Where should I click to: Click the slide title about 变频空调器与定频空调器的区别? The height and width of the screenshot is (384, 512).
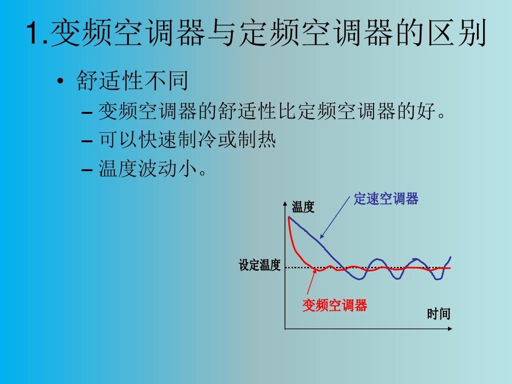point(256,34)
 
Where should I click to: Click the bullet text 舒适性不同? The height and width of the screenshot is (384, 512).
point(132,81)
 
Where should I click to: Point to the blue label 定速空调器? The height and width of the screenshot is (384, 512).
point(386,199)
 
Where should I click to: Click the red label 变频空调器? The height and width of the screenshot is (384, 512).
point(335,306)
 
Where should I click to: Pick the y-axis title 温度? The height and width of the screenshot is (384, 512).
point(303,207)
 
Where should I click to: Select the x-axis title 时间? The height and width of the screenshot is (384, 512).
point(438,314)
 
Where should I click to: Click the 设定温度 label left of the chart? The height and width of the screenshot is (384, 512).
point(260,265)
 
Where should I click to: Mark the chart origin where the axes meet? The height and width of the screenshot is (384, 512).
point(285,328)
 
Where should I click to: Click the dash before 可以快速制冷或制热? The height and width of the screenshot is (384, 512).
point(87,142)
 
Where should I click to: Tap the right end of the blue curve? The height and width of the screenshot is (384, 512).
point(450,257)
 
